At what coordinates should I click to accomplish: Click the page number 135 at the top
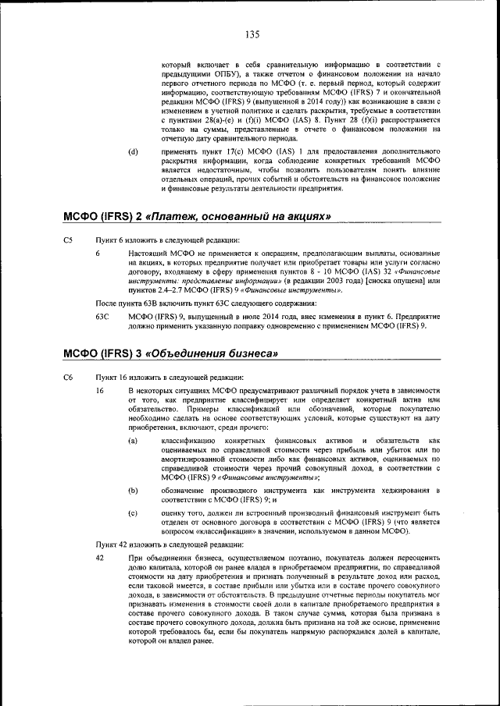[252, 34]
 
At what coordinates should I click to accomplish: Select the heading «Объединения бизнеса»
[212, 354]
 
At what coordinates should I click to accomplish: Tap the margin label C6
[68, 378]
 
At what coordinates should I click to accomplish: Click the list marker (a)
[134, 441]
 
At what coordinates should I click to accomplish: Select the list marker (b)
[134, 490]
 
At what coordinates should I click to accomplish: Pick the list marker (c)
[134, 513]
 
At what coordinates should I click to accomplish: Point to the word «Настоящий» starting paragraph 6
[148, 254]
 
